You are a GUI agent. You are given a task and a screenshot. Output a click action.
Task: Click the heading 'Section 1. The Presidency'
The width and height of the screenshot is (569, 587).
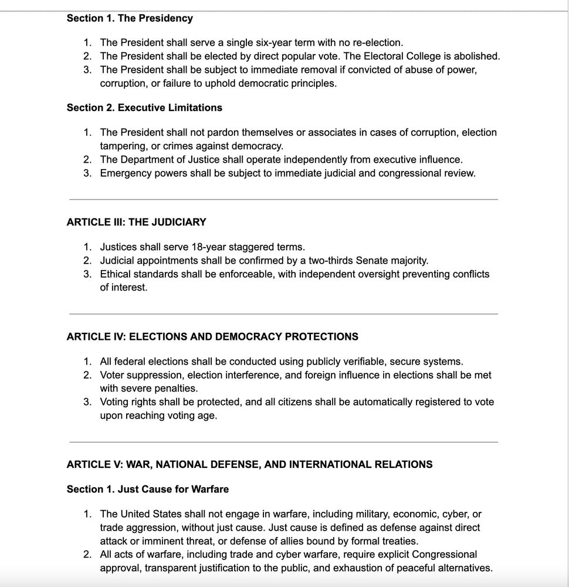click(130, 18)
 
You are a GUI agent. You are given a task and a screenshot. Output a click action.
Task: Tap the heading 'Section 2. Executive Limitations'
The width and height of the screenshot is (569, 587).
click(144, 107)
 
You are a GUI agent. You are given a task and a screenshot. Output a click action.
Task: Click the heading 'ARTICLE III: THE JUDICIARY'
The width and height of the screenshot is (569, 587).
click(136, 222)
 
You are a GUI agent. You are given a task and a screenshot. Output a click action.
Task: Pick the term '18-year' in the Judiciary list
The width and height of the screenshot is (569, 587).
click(208, 247)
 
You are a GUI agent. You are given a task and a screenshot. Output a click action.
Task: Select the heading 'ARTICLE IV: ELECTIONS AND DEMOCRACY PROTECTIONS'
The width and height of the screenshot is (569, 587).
click(212, 336)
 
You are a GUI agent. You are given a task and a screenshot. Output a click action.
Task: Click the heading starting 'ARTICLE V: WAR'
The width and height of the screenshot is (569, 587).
click(249, 464)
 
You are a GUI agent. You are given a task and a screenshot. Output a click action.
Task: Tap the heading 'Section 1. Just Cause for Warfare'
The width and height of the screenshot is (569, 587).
click(148, 489)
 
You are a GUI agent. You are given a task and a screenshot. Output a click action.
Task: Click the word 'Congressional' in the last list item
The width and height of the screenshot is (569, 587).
click(444, 555)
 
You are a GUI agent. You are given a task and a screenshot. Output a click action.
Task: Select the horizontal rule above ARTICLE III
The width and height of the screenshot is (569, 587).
click(283, 200)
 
